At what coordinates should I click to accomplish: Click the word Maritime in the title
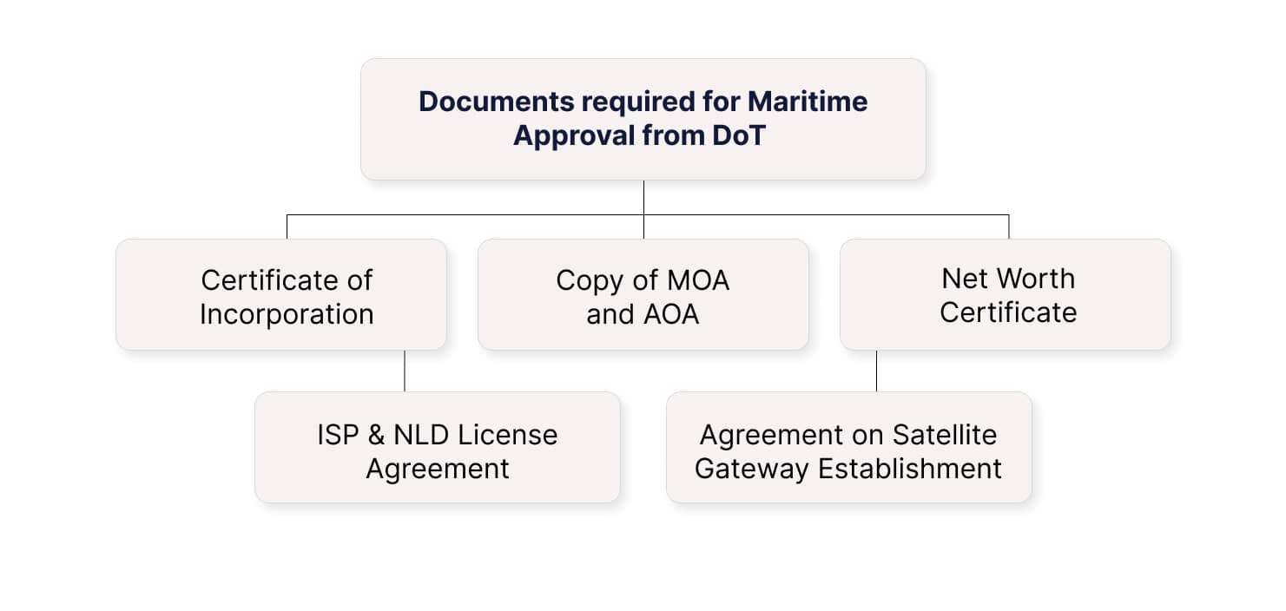pos(807,102)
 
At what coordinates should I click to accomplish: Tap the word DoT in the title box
pos(739,136)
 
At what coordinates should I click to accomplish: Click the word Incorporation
pos(287,313)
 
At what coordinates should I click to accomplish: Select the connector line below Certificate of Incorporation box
pos(405,371)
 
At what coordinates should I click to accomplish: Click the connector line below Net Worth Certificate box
pos(876,371)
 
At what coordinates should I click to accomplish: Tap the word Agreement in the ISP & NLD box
pos(438,469)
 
